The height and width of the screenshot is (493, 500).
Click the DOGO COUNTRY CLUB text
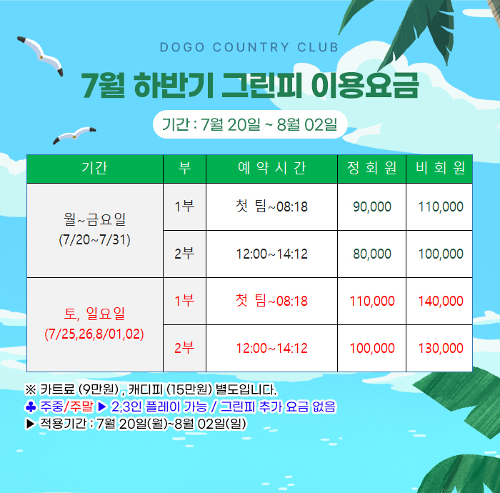click(x=249, y=47)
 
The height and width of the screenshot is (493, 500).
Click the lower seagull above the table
click(x=74, y=135)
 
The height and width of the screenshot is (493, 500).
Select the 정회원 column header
click(x=372, y=168)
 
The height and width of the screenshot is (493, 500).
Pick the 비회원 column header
click(x=440, y=168)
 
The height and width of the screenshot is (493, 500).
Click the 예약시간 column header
click(x=271, y=168)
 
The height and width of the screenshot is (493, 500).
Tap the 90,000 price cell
click(x=372, y=207)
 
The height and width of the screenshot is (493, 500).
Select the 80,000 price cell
click(x=372, y=254)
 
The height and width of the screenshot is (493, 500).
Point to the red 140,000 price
click(x=441, y=301)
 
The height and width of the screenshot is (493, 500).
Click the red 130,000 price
click(x=441, y=348)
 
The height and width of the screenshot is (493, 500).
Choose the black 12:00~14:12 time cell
click(x=271, y=254)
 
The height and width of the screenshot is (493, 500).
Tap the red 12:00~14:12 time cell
click(x=271, y=348)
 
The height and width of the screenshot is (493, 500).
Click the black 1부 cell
click(x=184, y=206)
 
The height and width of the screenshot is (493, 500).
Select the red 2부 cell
click(x=184, y=348)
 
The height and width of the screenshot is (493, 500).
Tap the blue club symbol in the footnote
click(x=31, y=407)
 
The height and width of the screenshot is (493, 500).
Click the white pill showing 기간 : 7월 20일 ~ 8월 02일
click(x=250, y=124)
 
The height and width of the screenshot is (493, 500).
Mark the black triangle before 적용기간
click(x=30, y=424)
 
